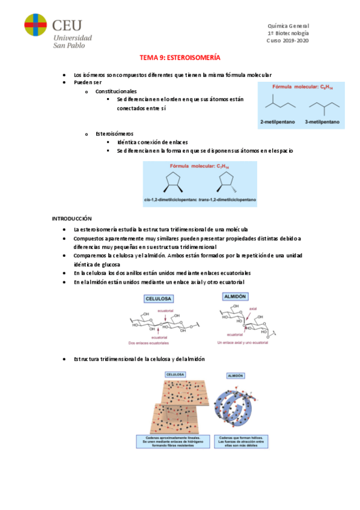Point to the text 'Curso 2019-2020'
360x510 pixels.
(287, 40)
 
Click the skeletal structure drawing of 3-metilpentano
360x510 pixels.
(322, 106)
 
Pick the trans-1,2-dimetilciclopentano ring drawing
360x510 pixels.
(226, 180)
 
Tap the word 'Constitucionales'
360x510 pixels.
(116, 90)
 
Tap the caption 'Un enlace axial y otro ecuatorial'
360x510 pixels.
(245, 343)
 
